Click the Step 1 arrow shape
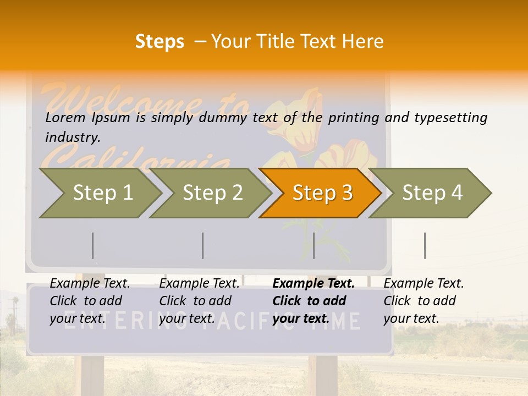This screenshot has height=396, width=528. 102,193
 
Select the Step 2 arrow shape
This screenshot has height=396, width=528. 212,193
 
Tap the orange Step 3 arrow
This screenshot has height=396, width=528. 322,193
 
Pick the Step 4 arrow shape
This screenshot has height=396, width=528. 432,193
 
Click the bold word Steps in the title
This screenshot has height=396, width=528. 159,42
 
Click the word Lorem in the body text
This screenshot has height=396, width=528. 65,118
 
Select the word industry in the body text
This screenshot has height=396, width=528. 72,137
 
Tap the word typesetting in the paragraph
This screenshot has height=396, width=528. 450,118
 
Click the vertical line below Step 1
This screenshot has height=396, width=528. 92,245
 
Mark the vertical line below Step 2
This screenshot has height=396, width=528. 202,245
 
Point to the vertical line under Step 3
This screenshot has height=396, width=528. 313,245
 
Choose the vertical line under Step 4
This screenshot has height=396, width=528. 425,245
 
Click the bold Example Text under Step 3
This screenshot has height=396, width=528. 313,284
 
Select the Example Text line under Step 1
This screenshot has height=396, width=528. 90,284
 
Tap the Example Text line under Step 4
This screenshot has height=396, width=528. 424,284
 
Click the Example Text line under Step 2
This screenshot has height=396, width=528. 199,284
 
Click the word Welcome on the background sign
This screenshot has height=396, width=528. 121,102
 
